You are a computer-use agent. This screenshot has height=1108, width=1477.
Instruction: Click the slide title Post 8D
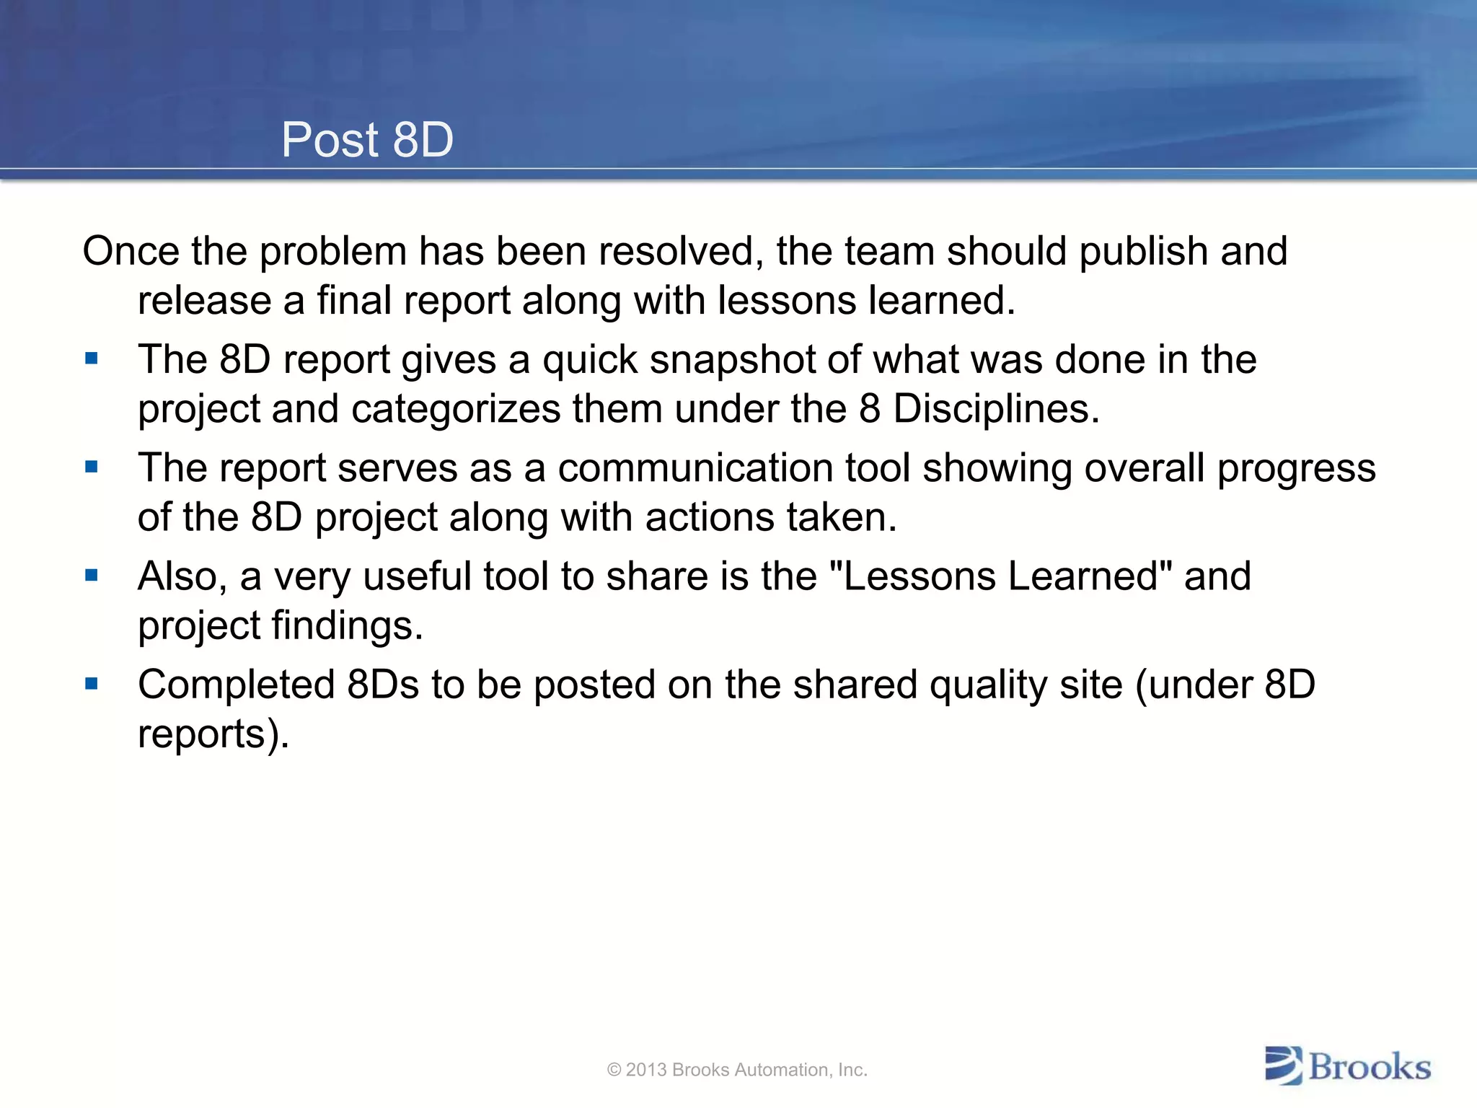367,139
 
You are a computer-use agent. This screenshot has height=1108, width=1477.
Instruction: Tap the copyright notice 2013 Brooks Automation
737,1070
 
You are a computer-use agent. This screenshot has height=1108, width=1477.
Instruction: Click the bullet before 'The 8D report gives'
92,359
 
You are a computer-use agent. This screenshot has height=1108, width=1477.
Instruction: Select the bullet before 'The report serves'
92,467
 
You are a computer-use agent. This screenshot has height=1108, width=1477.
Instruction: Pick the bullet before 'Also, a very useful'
92,575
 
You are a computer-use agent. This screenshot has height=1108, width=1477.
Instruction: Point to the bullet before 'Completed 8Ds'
92,683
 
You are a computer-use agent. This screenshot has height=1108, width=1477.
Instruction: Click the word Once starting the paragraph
131,252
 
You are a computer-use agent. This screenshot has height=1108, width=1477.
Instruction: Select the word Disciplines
996,409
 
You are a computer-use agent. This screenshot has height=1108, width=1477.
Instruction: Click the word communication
695,468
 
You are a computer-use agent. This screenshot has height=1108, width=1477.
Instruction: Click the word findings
347,626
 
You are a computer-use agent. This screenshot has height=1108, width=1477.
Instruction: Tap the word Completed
236,685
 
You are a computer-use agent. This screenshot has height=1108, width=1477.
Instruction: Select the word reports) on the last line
213,735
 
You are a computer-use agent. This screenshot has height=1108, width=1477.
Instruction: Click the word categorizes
456,410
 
